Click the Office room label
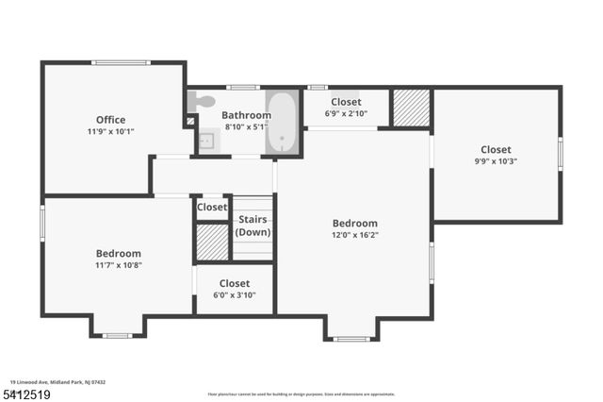(x=110, y=120)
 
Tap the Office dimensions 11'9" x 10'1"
(x=110, y=132)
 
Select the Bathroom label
(x=247, y=115)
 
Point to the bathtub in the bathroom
(x=281, y=123)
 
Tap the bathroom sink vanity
(x=206, y=142)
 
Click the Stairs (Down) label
(x=253, y=226)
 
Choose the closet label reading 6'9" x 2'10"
(x=346, y=113)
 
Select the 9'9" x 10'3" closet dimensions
(x=496, y=161)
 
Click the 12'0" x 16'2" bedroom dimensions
(x=354, y=235)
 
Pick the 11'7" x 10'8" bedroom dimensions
(x=118, y=265)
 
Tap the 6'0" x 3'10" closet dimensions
(x=235, y=295)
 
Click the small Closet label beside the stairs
(x=212, y=207)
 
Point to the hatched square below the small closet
(x=212, y=243)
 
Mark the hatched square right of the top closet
(x=410, y=107)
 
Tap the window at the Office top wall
(x=121, y=63)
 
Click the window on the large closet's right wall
(x=560, y=153)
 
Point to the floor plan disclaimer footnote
(x=301, y=394)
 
